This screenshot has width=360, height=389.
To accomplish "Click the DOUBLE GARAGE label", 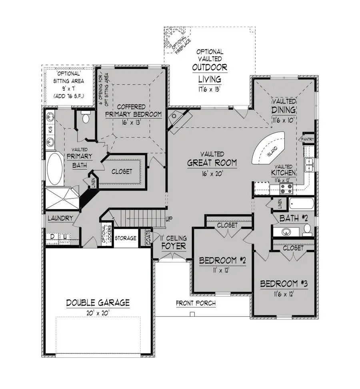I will [98, 303].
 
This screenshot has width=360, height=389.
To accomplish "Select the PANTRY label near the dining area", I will [308, 139].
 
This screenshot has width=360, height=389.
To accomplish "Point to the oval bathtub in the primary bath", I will [55, 170].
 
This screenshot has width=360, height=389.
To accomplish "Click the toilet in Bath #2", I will [307, 229].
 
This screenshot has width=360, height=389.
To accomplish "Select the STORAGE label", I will [126, 238].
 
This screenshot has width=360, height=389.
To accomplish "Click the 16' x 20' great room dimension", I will [212, 174].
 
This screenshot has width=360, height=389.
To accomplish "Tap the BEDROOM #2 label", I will [222, 261].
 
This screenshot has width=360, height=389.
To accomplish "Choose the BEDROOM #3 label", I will [284, 284].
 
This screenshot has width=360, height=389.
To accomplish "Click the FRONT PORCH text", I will [196, 303].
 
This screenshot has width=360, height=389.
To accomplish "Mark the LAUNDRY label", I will [60, 218].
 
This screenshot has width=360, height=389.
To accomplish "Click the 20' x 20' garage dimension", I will [98, 313].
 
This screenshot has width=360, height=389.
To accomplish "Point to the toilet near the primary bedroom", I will [85, 118].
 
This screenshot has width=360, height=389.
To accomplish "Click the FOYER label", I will [173, 246].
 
